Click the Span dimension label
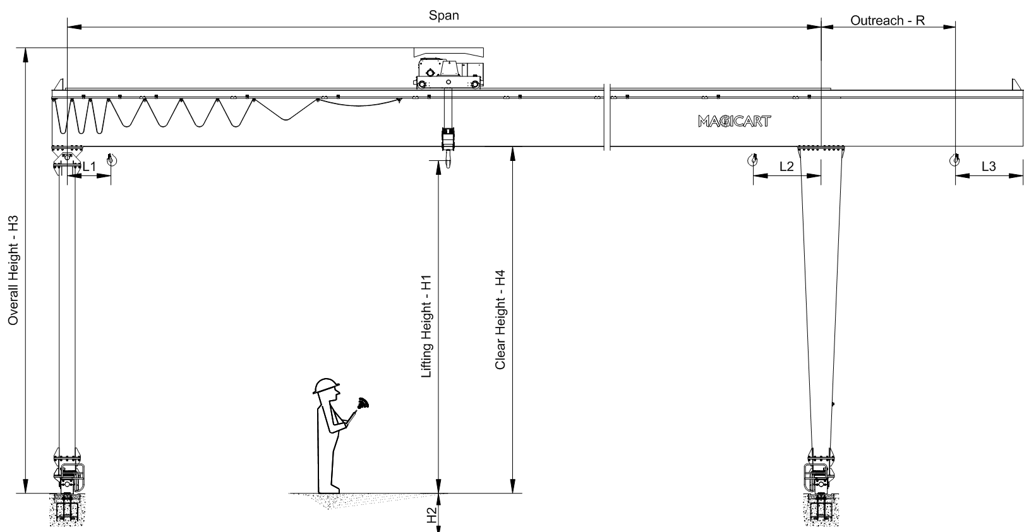(x=443, y=16)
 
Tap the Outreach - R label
(x=887, y=21)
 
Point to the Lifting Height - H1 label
(x=427, y=327)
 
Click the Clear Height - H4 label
(x=500, y=319)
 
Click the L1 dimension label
(x=89, y=167)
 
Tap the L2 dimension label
(x=786, y=167)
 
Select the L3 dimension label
(x=989, y=167)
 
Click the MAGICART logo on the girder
(x=734, y=121)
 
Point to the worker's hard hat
(x=326, y=386)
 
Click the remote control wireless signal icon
(x=362, y=403)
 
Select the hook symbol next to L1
(x=112, y=159)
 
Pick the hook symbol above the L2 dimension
(x=752, y=159)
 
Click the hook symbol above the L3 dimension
(x=954, y=159)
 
